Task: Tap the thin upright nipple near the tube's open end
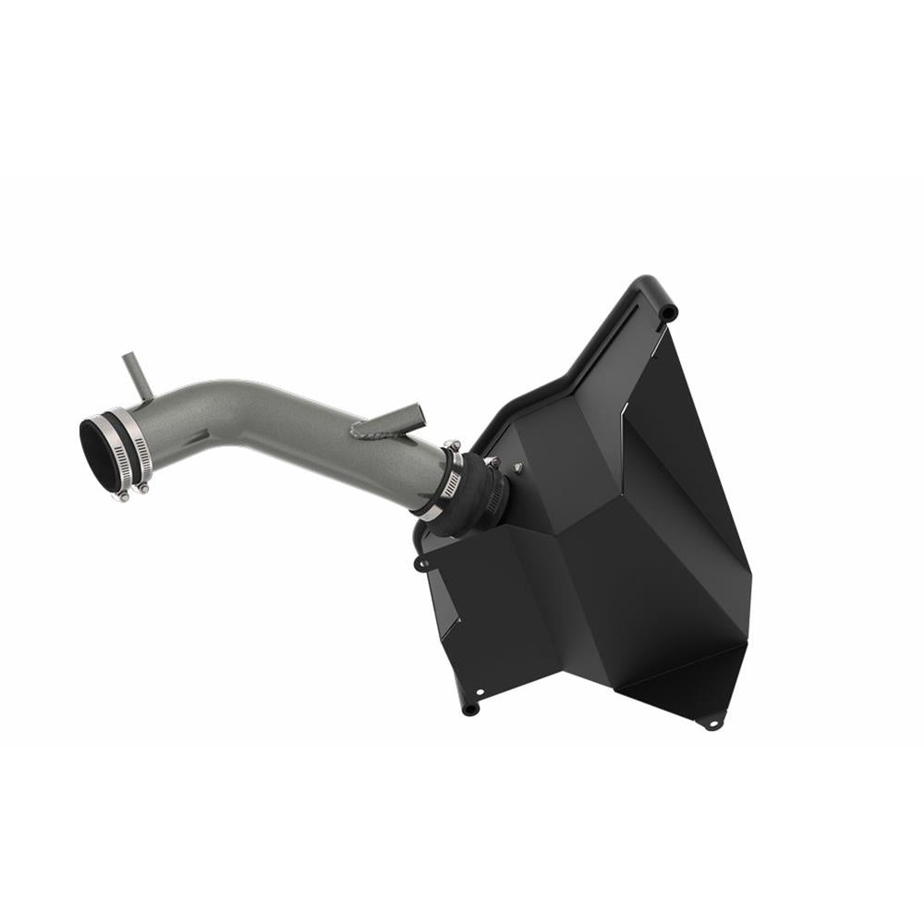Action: pyautogui.click(x=133, y=379)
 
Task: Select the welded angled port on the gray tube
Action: pyautogui.click(x=397, y=420)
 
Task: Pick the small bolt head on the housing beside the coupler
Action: pyautogui.click(x=517, y=468)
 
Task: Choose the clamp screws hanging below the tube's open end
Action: pyautogui.click(x=132, y=492)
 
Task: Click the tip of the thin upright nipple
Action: pyautogui.click(x=125, y=356)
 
